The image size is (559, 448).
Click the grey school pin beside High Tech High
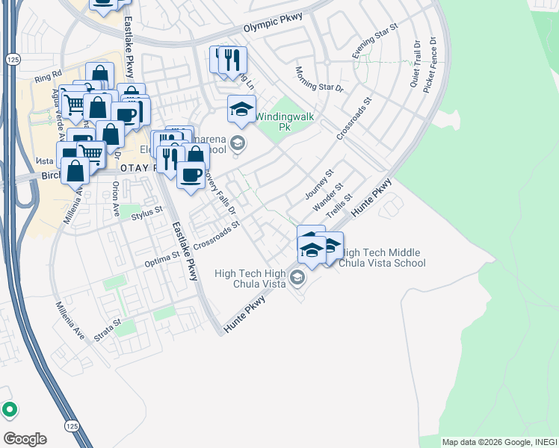[297, 279]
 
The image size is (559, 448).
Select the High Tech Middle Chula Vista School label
[383, 258]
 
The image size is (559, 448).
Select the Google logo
[25, 438]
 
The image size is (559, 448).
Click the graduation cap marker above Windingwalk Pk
[241, 109]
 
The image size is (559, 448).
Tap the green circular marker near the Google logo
[9, 408]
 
